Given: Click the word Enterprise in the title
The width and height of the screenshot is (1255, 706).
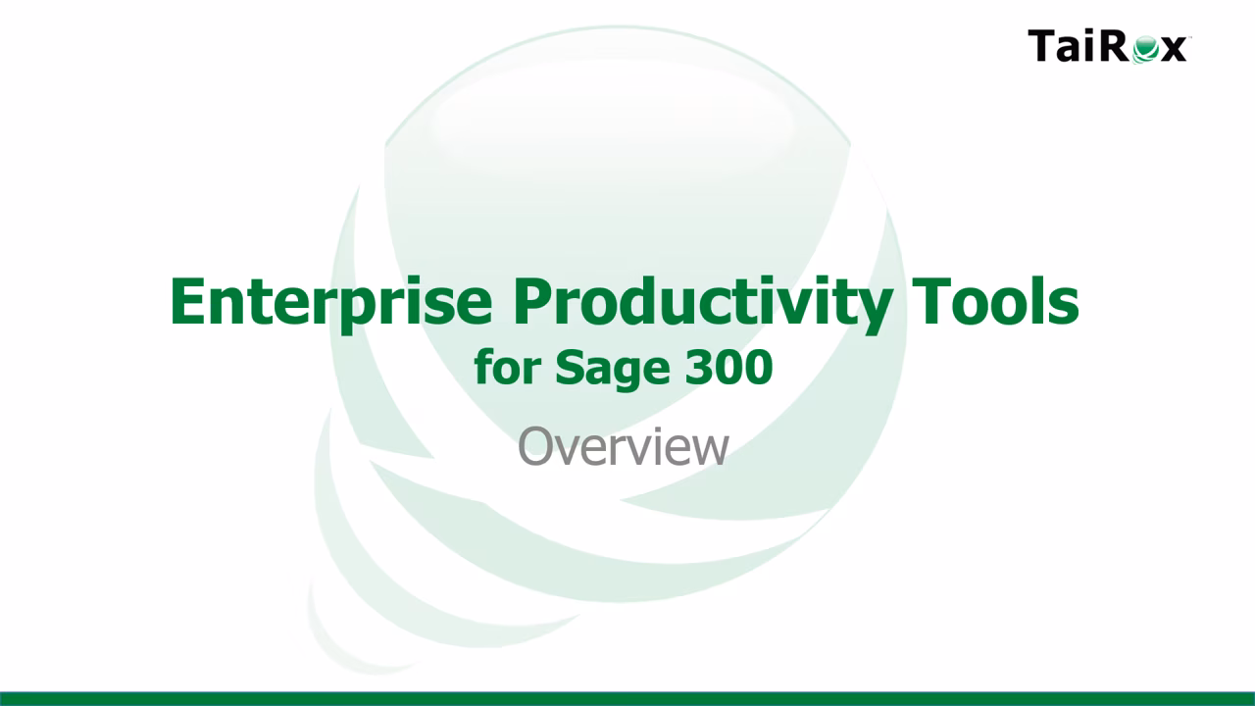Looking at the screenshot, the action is pyautogui.click(x=331, y=303).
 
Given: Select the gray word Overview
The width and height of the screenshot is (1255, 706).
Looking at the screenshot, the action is pyautogui.click(x=624, y=446).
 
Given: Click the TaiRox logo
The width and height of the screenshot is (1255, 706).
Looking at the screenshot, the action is pyautogui.click(x=1109, y=46).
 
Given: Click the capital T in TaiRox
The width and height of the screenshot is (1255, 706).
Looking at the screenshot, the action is pyautogui.click(x=1042, y=45).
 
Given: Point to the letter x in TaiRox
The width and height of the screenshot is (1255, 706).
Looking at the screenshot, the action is pyautogui.click(x=1172, y=50).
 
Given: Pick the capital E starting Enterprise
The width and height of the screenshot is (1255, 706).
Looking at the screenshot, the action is pyautogui.click(x=186, y=301).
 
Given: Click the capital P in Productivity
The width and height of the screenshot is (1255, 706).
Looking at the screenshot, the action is pyautogui.click(x=531, y=301).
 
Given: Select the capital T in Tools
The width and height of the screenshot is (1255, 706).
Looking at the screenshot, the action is pyautogui.click(x=930, y=301).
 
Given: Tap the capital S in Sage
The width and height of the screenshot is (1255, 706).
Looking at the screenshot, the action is pyautogui.click(x=570, y=368).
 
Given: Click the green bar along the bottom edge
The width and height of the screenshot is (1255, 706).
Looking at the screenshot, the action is pyautogui.click(x=627, y=699).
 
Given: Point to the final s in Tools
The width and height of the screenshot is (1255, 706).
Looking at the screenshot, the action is pyautogui.click(x=1064, y=308).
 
